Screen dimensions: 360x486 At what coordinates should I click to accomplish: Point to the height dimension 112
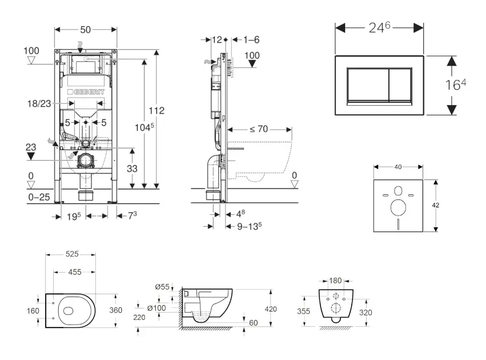tap(157, 110)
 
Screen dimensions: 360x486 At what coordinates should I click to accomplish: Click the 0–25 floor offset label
tap(38, 197)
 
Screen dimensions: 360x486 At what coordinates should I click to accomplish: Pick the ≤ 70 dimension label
tap(259, 129)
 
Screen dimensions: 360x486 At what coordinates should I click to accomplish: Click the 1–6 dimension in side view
tap(251, 39)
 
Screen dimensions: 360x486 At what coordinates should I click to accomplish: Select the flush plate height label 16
tap(455, 86)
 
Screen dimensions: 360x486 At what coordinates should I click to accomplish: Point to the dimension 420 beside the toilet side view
tap(271, 309)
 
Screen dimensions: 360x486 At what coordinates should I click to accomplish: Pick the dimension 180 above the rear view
tap(336, 280)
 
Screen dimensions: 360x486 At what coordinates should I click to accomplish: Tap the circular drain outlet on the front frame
tap(86, 160)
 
